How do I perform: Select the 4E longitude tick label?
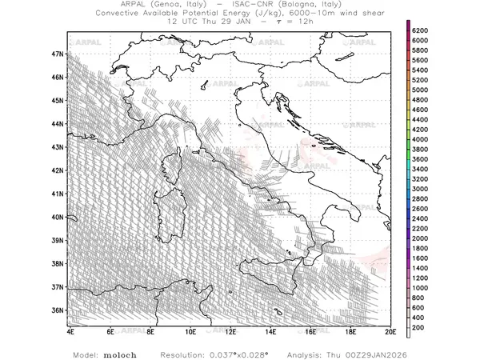[70, 330]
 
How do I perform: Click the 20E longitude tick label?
[390, 330]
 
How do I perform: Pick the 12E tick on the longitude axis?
[230, 330]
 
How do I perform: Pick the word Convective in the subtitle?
[121, 14]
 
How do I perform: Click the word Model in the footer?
[86, 353]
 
